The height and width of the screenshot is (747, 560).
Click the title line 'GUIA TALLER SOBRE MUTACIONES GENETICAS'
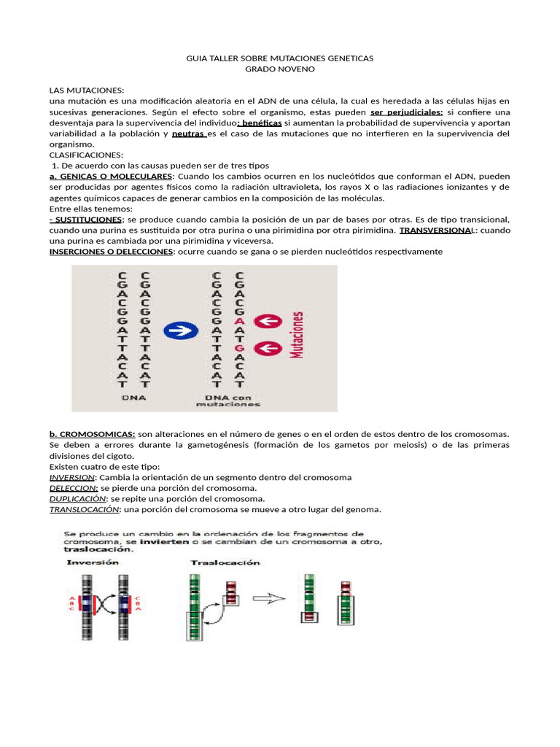point(280,58)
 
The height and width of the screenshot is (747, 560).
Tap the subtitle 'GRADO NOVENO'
point(280,69)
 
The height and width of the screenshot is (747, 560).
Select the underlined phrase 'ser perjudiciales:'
point(406,112)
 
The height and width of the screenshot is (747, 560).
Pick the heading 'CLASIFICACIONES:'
point(86,155)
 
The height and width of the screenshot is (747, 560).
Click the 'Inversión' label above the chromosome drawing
point(93,563)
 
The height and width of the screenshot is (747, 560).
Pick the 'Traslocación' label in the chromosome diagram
point(214,563)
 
